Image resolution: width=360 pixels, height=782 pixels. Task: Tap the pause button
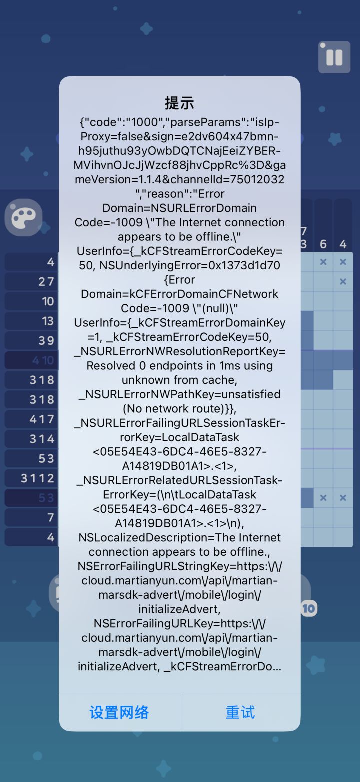click(x=334, y=57)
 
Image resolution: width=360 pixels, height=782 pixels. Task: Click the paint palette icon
click(x=23, y=217)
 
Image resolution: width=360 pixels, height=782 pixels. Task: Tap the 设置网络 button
click(x=119, y=712)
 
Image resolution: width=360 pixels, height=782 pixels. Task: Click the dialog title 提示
click(x=179, y=103)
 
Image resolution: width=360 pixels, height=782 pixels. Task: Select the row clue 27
click(x=46, y=281)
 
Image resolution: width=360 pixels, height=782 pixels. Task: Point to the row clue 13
click(x=48, y=321)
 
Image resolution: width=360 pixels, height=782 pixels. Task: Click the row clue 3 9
click(x=46, y=340)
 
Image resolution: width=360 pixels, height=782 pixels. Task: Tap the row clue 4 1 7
click(x=42, y=419)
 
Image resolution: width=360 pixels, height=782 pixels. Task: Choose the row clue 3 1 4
click(x=42, y=439)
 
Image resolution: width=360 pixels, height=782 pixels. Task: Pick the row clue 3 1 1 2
click(x=37, y=478)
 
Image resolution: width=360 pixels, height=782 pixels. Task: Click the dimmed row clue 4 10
click(x=43, y=360)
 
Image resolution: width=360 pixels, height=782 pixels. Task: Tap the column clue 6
click(x=323, y=244)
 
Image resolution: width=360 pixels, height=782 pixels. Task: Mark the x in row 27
click(x=343, y=281)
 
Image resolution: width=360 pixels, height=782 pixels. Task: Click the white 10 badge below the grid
click(x=309, y=609)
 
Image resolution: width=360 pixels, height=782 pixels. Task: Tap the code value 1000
click(x=145, y=122)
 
